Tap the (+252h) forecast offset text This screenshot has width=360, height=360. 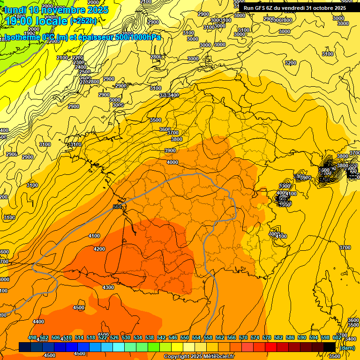[83, 21]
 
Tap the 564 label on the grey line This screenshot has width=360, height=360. [117, 207]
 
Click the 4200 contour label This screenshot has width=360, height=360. [99, 249]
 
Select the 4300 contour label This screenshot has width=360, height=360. [108, 287]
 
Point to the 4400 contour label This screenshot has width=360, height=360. [38, 322]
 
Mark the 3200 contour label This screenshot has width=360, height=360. [291, 62]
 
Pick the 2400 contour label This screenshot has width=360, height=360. [80, 67]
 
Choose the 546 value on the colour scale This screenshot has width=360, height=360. [173, 337]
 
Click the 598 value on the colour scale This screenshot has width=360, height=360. [325, 337]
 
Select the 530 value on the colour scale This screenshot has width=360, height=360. [126, 337]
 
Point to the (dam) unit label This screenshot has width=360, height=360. [347, 347]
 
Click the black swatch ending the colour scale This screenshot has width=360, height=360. [329, 347]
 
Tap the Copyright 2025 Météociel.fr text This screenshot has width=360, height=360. [199, 356]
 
